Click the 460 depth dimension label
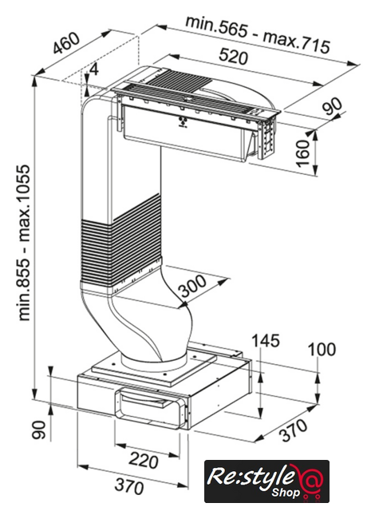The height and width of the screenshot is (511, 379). coord(66,43)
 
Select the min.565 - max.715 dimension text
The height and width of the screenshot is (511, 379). coord(258,34)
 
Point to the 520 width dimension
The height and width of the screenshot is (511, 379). coord(233,56)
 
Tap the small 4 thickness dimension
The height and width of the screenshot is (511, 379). coord(94,69)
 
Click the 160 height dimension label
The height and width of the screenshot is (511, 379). coord(303,153)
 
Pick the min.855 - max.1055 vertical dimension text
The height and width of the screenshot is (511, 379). coord(25,243)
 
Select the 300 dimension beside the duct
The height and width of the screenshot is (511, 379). coord(193,286)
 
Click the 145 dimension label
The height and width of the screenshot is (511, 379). coord(266,341)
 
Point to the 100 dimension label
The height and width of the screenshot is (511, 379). coord(322,350)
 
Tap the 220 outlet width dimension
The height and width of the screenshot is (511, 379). coord(144,460)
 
